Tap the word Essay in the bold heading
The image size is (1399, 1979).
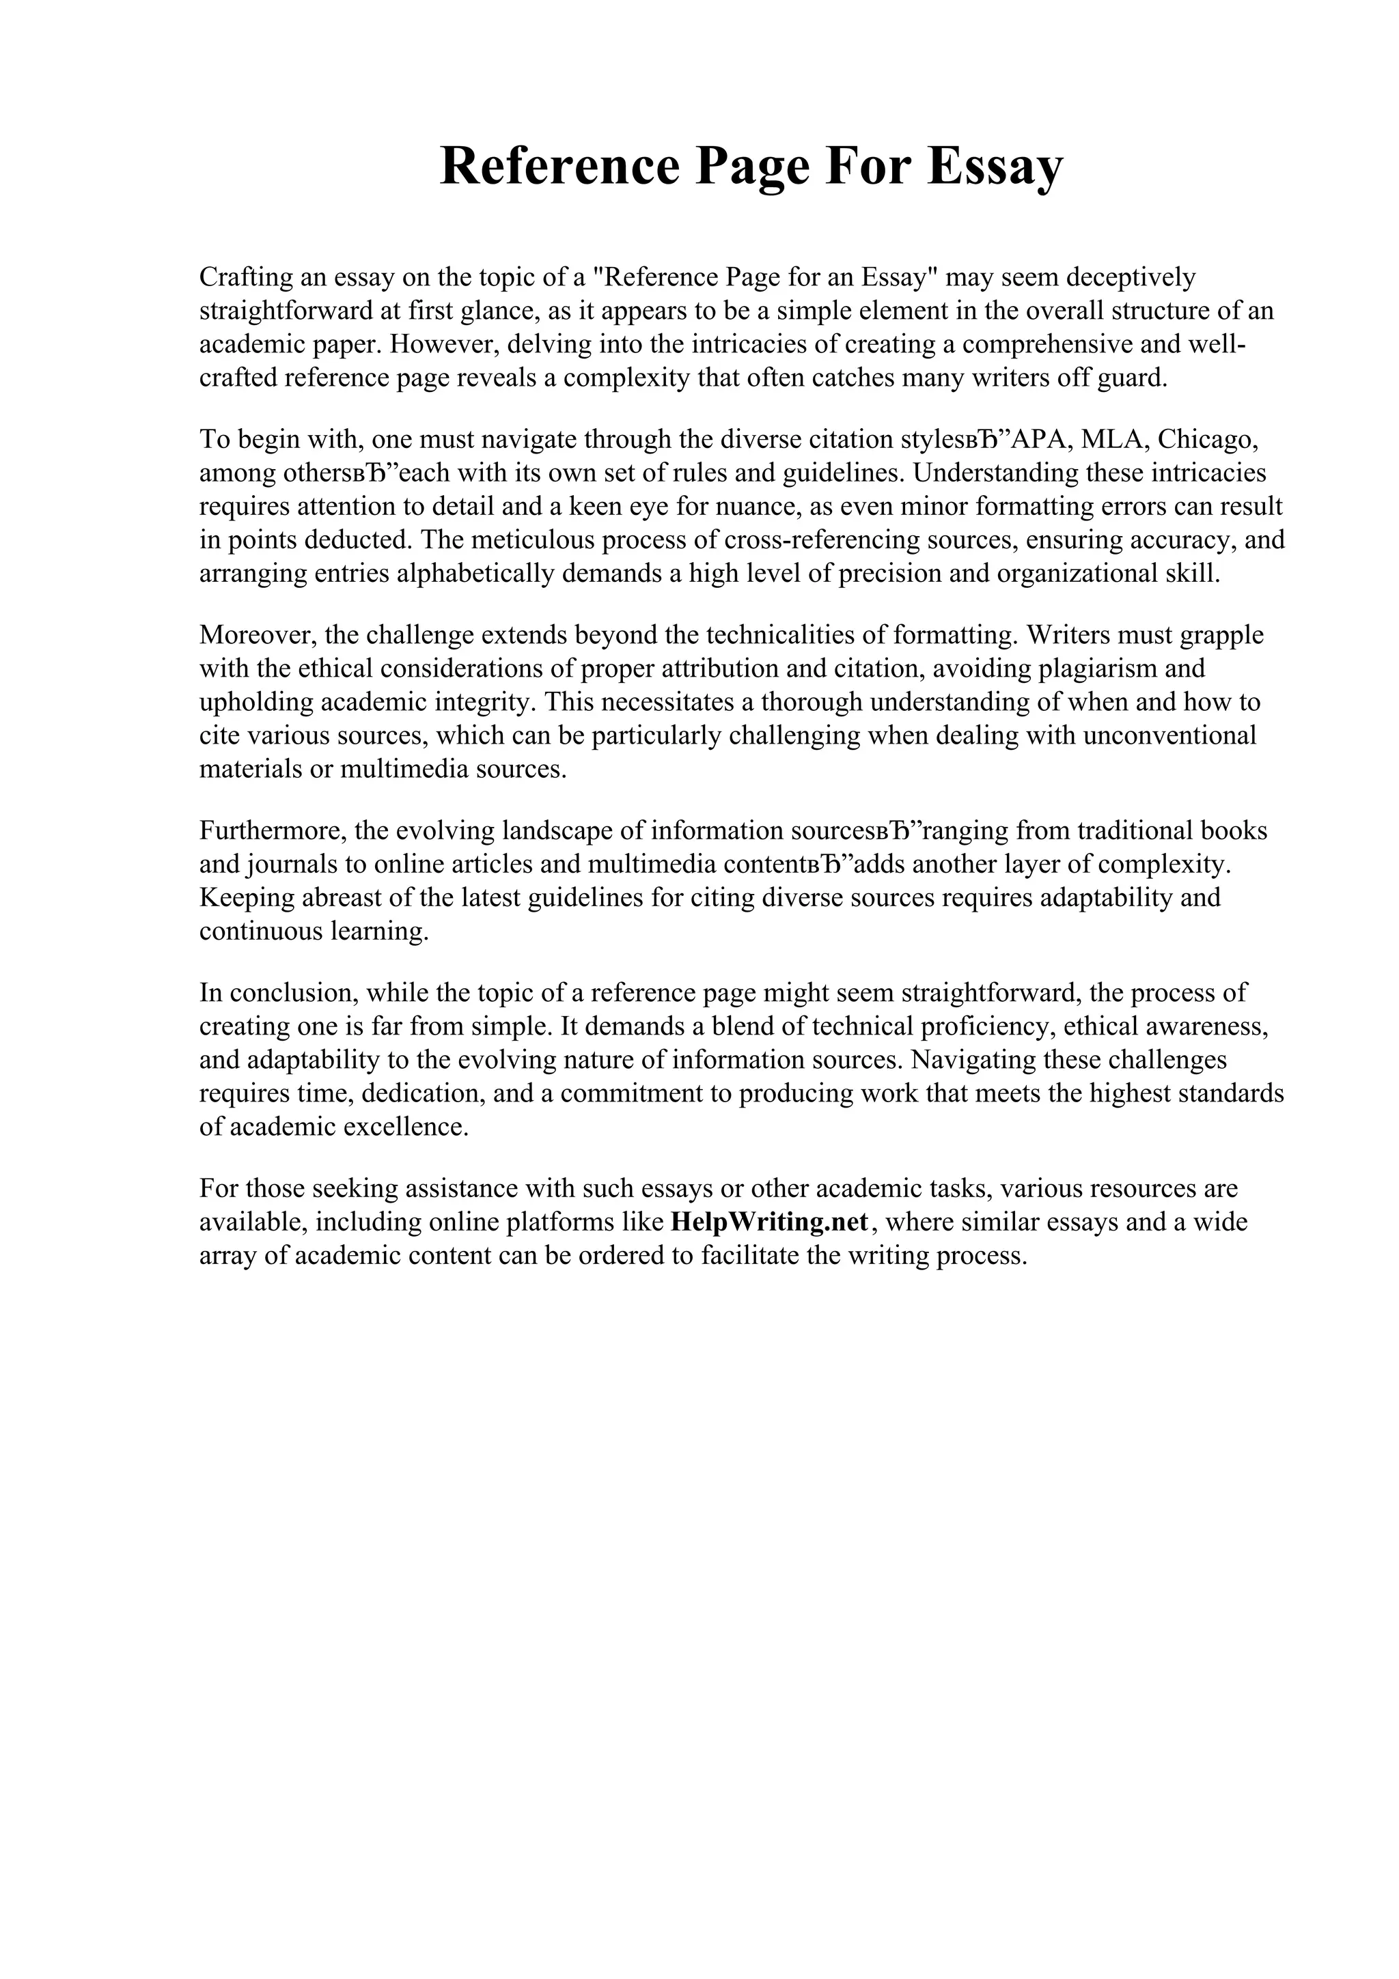[x=995, y=167]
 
